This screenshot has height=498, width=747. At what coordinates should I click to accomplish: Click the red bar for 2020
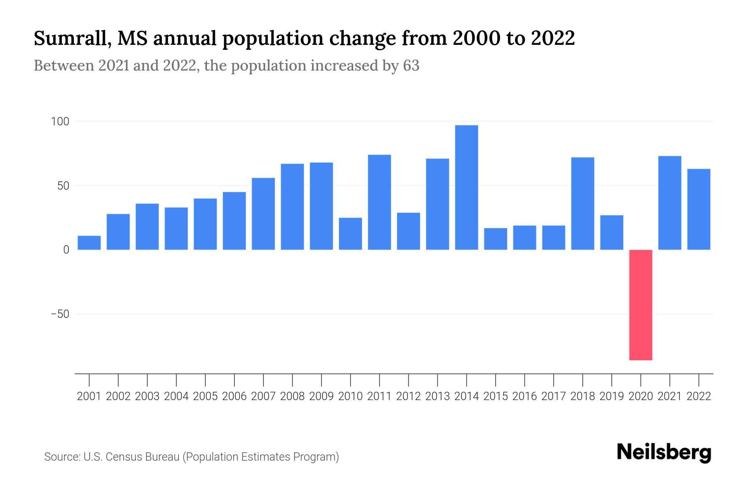coord(640,305)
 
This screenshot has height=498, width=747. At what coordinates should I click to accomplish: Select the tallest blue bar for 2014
coord(466,188)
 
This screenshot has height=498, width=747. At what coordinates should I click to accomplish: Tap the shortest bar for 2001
coord(89,243)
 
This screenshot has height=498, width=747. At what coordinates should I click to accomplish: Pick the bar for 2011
coord(379,202)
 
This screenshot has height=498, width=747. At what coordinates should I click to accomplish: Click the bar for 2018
coord(583,203)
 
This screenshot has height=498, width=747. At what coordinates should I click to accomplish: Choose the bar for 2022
coord(699,209)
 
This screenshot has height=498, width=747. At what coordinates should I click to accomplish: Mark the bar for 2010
coord(350,234)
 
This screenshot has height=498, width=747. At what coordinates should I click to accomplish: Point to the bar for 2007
coord(263,214)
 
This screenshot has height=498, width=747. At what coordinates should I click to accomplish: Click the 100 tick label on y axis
coord(60,122)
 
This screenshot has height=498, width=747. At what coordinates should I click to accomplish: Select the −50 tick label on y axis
coord(60,314)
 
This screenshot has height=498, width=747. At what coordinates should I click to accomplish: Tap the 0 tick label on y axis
coord(66,250)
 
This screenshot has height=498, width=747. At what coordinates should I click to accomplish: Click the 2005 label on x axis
coord(205,396)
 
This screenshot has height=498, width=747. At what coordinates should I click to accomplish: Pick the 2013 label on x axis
coord(437,396)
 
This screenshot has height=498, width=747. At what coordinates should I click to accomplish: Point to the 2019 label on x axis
coord(612,396)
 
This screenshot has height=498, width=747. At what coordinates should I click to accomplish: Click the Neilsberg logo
coord(664,452)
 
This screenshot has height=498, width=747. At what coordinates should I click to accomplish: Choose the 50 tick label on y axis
coord(63,186)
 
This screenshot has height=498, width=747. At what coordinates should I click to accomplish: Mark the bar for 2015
coord(496,239)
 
